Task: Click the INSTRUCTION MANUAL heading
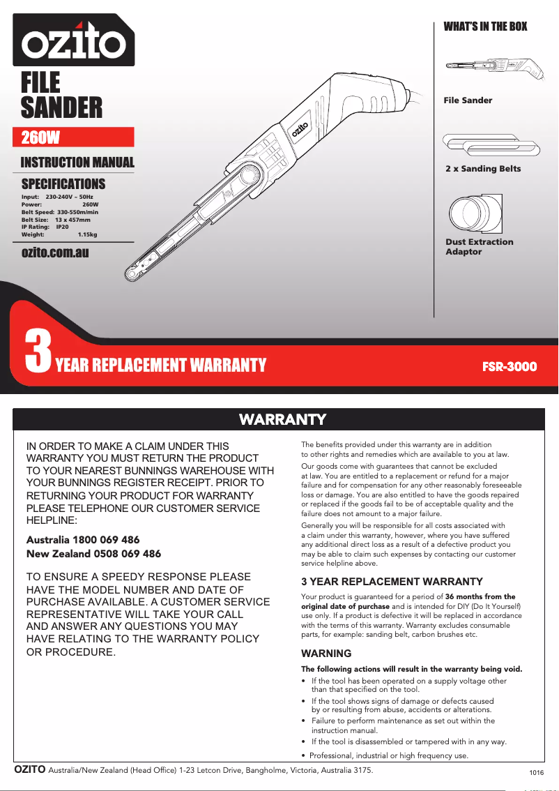click(77, 163)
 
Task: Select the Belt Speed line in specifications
click(60, 212)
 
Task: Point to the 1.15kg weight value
click(87, 235)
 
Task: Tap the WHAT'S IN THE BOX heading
click(485, 27)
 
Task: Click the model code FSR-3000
click(510, 366)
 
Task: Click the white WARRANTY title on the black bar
click(282, 419)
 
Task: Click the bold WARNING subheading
click(326, 654)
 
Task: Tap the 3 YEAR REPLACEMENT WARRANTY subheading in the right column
click(391, 581)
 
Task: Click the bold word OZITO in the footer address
click(30, 769)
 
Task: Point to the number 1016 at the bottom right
click(536, 773)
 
